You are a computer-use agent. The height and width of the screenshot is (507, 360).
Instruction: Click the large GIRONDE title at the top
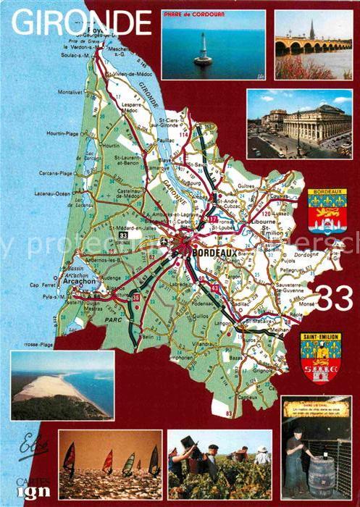tap(81, 23)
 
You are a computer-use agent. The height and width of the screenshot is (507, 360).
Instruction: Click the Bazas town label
tap(236, 358)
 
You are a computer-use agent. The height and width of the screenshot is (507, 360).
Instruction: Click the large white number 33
tap(332, 298)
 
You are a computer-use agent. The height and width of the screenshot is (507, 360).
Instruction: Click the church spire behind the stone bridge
tap(311, 30)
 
